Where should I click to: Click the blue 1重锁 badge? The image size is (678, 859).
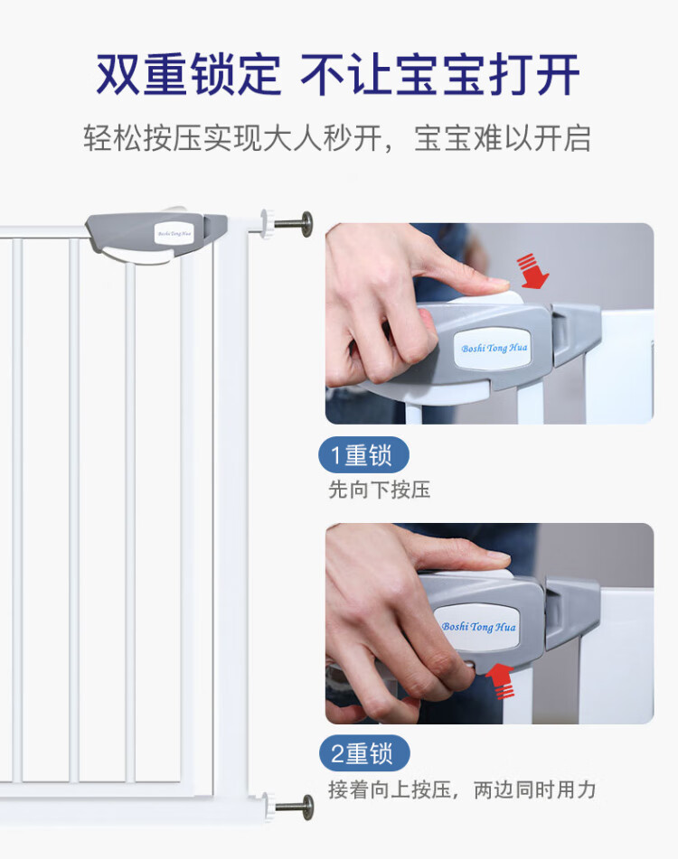(363, 454)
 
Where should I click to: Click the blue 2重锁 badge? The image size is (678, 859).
(364, 753)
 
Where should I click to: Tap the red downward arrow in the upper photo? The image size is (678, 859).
(532, 271)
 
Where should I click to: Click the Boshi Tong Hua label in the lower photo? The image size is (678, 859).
(478, 626)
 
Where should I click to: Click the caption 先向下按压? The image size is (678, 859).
(380, 490)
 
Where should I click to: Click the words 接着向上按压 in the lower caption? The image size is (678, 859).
(390, 790)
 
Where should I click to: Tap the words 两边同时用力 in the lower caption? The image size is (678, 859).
(534, 790)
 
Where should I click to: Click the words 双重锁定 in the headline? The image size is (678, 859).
(188, 74)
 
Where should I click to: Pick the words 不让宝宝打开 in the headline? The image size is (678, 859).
(440, 74)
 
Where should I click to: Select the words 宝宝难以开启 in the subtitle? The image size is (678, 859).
(503, 138)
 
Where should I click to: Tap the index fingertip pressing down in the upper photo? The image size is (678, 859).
(494, 285)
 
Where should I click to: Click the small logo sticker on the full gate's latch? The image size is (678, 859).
(174, 234)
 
